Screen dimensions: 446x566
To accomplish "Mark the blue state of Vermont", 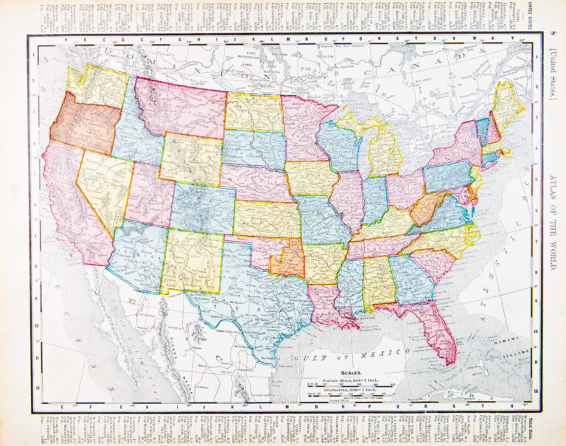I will click(x=481, y=130).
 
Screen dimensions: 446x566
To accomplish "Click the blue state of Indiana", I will click(x=375, y=201).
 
